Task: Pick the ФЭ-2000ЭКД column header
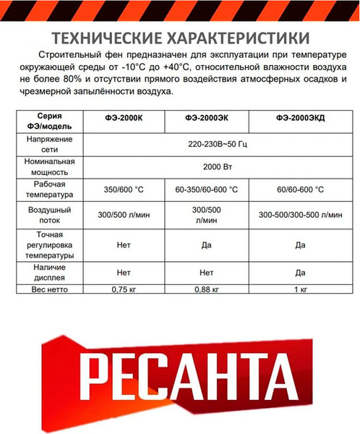point(301,119)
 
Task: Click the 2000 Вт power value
point(216,166)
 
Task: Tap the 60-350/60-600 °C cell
point(206,190)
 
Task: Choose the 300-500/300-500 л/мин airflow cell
point(301,215)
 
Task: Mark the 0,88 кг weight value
point(205,289)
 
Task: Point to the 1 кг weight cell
point(301,289)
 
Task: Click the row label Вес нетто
point(48,289)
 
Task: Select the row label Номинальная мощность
point(48,166)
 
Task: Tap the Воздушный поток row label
point(48,214)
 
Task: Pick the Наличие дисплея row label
point(48,273)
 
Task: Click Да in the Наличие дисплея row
point(301,273)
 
